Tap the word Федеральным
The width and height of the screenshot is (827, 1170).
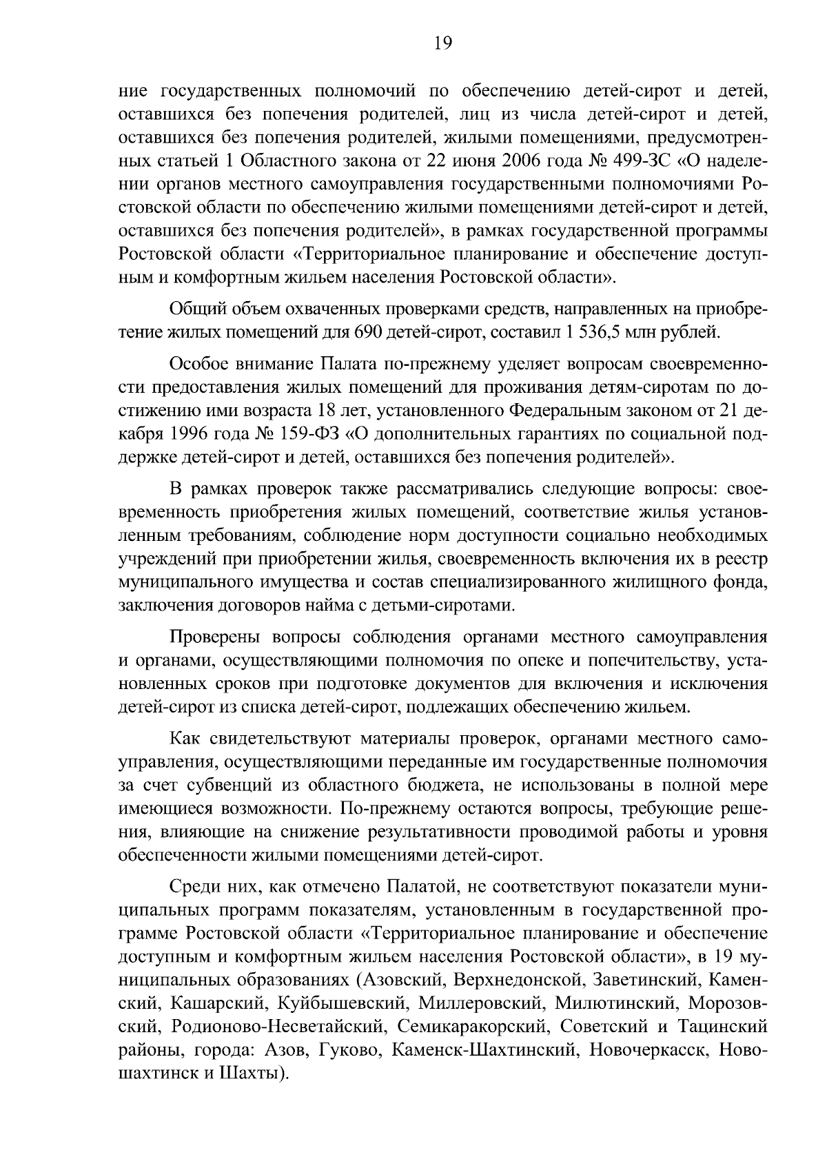coord(568,411)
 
